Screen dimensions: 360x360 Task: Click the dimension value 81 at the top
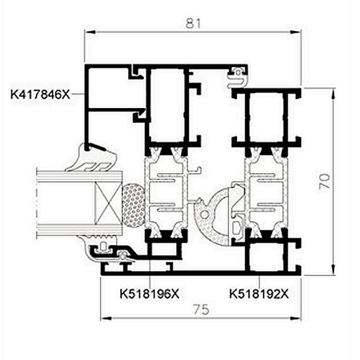[193, 24]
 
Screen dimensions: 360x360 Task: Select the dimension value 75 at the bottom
[201, 309]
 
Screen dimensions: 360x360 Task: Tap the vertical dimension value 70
[325, 181]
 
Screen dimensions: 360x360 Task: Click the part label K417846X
[40, 94]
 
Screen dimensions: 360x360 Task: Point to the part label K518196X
[150, 294]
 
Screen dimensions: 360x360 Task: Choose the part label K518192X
[259, 294]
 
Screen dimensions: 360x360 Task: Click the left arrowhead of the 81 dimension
[90, 32]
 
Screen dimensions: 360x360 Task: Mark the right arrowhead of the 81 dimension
[295, 32]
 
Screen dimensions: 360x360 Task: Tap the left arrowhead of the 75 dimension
[106, 318]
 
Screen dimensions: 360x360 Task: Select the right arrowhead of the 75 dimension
[295, 318]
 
